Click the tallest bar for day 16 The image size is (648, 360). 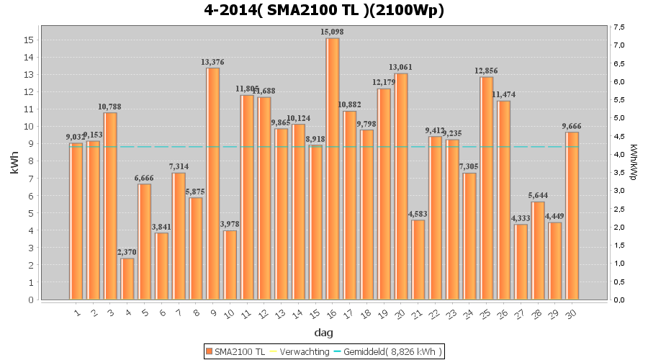pyautogui.click(x=333, y=168)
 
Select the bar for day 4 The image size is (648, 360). pyautogui.click(x=127, y=279)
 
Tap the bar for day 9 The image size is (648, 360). pyautogui.click(x=213, y=184)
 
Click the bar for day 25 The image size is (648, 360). pyautogui.click(x=487, y=188)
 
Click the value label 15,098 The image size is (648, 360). pyautogui.click(x=333, y=32)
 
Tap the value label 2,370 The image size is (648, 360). pyautogui.click(x=127, y=252)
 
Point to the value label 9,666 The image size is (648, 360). pyautogui.click(x=572, y=126)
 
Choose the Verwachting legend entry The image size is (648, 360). pyautogui.click(x=300, y=351)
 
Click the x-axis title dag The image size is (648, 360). pyautogui.click(x=323, y=333)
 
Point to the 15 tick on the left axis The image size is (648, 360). pyautogui.click(x=29, y=40)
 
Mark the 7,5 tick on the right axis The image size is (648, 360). pyautogui.click(x=618, y=27)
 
